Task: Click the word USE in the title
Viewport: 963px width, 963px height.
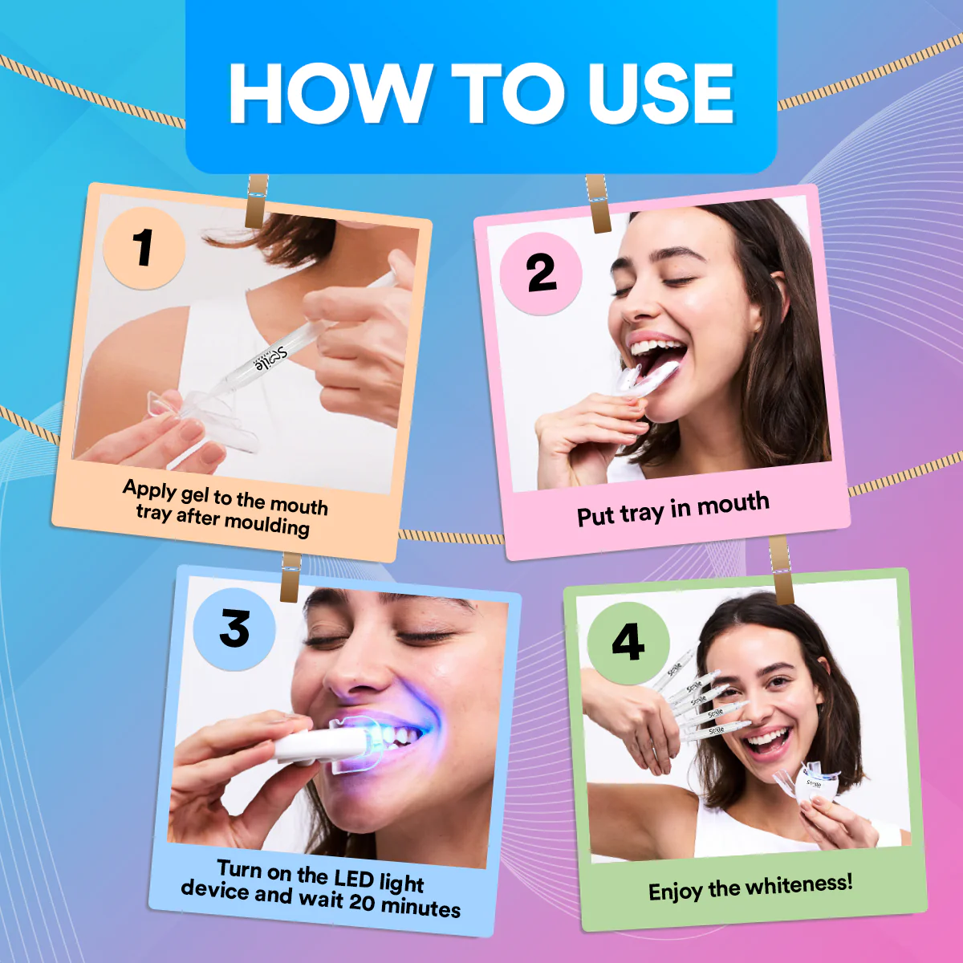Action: [660, 94]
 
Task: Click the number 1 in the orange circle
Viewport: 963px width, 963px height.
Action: [144, 247]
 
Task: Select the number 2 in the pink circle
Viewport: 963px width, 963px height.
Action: [541, 274]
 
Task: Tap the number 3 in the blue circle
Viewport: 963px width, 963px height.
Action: [234, 628]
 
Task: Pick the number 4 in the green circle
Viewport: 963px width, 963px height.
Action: [628, 642]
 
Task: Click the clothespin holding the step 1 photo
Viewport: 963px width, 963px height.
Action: [257, 201]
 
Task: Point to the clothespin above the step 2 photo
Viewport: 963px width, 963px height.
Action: [598, 204]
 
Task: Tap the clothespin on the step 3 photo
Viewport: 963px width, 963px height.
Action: [291, 576]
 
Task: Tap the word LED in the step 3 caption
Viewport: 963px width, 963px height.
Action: [353, 878]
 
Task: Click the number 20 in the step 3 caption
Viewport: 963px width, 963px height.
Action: [362, 902]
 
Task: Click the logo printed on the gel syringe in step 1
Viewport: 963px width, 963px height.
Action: [270, 358]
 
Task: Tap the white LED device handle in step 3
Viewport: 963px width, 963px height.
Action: [309, 744]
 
